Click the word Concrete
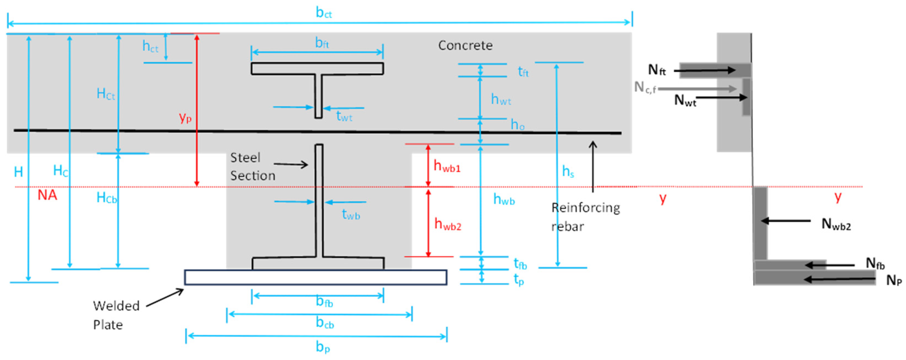465,45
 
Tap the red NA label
47,195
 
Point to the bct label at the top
324,13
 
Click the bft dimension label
322,43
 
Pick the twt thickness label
344,116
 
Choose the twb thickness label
351,214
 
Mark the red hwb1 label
447,166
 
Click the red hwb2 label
447,224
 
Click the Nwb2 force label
836,224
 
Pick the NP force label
894,280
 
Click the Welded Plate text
116,315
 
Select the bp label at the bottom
323,347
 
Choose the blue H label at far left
18,172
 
